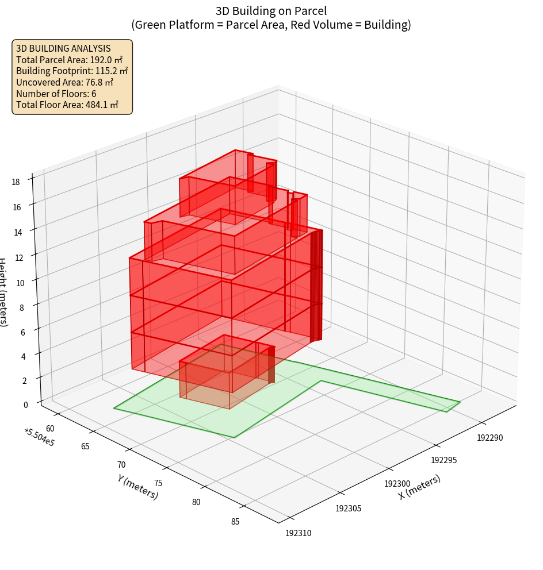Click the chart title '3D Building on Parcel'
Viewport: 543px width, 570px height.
pos(271,10)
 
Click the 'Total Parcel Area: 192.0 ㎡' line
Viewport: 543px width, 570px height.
pos(69,60)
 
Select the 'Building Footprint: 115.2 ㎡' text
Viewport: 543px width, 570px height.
pos(72,71)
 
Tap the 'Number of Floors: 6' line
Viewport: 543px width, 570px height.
pos(56,93)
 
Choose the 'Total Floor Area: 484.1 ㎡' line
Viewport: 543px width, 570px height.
pos(67,105)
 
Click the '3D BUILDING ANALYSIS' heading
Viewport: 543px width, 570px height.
pos(63,48)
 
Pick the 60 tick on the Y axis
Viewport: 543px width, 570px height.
pos(50,428)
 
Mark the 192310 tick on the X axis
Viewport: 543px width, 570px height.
pos(298,533)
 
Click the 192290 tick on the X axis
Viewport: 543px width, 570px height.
pos(490,438)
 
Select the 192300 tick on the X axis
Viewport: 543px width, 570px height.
pos(397,484)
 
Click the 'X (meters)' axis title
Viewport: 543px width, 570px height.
pos(420,487)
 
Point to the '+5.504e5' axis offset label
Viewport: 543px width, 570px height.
pos(39,437)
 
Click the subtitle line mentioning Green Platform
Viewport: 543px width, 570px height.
pos(271,25)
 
